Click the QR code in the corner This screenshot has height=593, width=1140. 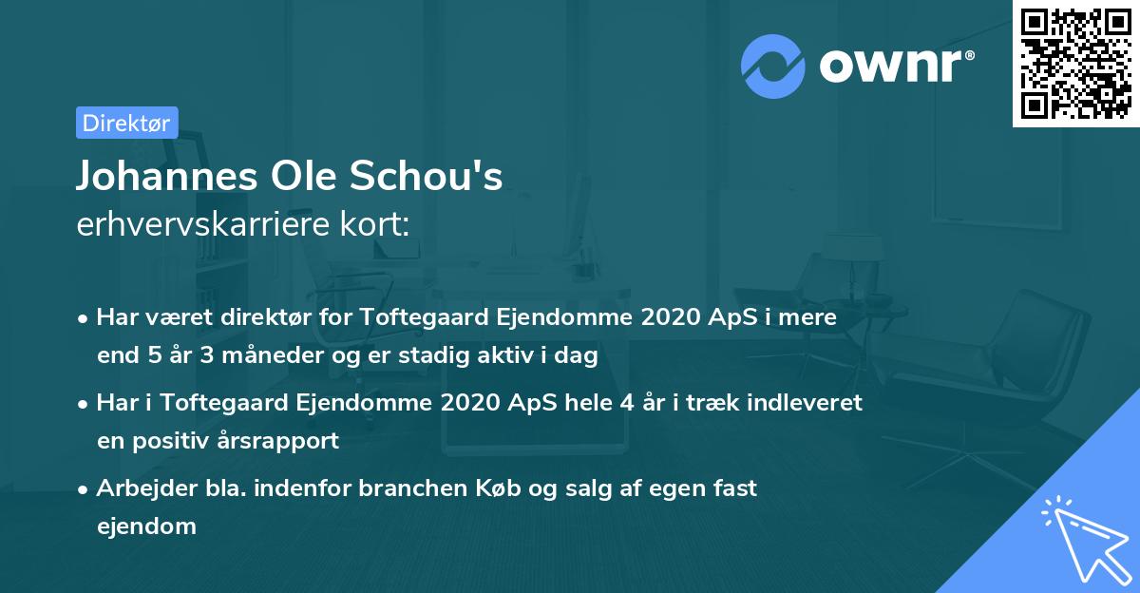1075,64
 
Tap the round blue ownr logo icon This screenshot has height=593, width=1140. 773,67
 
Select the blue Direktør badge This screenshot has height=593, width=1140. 126,123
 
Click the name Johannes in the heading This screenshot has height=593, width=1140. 152,177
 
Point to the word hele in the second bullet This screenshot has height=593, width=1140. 588,402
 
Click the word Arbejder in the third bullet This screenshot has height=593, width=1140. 142,488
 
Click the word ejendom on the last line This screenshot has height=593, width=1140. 146,526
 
